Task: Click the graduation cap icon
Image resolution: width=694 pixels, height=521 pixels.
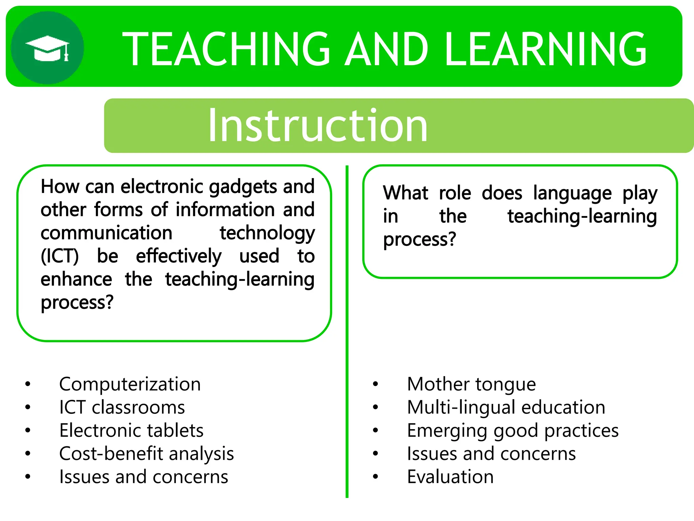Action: point(47,48)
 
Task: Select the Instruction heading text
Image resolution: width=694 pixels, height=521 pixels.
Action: point(318,126)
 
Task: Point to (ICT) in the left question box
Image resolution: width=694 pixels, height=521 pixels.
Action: point(60,256)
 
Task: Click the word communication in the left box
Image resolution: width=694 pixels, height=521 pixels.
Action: point(106,233)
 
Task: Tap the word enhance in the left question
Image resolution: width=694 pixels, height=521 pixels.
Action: point(76,279)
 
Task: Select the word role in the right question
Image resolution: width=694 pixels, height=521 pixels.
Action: point(455,193)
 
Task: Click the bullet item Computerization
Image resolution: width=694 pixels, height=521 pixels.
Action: point(130,384)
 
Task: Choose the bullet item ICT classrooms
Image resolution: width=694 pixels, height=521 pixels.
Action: point(122,407)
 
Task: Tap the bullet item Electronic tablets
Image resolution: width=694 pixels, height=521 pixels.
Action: point(131,430)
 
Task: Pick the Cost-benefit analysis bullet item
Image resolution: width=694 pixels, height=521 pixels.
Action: point(146,454)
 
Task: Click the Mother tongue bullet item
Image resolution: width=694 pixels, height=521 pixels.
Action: point(471,384)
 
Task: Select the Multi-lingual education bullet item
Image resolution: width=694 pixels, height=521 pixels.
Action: point(506,407)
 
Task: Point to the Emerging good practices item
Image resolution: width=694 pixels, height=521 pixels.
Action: point(513,430)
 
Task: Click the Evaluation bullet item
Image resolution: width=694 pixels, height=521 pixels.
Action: point(450,477)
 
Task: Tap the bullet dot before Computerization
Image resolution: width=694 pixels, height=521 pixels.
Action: point(28,384)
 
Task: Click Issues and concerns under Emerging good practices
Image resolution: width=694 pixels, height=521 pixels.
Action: point(491,454)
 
